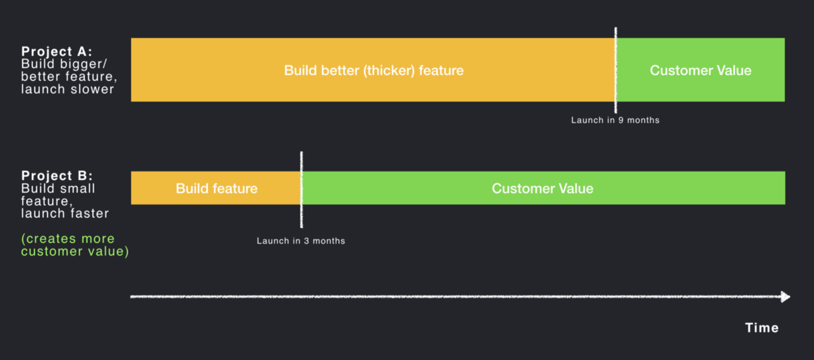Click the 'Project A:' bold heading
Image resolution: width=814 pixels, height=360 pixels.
pyautogui.click(x=56, y=52)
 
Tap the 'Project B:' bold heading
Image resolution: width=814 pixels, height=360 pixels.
pyautogui.click(x=57, y=176)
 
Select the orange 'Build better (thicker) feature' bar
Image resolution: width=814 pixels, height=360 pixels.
pyautogui.click(x=373, y=70)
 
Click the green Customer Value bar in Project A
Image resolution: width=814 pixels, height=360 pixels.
pyautogui.click(x=700, y=70)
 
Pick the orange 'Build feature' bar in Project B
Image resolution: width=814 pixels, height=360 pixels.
pyautogui.click(x=216, y=188)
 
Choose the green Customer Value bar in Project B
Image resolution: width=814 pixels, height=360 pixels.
pyautogui.click(x=544, y=188)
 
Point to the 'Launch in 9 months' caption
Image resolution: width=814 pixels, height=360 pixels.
pyautogui.click(x=615, y=120)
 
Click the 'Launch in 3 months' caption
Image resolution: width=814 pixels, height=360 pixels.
pyautogui.click(x=301, y=241)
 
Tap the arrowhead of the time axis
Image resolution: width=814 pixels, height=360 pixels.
pyautogui.click(x=785, y=297)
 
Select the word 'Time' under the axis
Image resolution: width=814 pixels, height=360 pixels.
pyautogui.click(x=762, y=328)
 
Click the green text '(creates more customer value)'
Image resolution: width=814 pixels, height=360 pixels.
pyautogui.click(x=75, y=245)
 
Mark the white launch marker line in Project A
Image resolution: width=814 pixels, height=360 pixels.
pyautogui.click(x=615, y=70)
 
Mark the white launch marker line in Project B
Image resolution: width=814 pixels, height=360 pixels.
pyautogui.click(x=302, y=189)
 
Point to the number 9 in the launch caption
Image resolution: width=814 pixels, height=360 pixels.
pyautogui.click(x=621, y=120)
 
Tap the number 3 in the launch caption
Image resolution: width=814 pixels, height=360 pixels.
pyautogui.click(x=306, y=241)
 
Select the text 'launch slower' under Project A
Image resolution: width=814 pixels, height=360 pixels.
pyautogui.click(x=68, y=90)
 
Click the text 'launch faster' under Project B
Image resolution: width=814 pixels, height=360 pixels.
pyautogui.click(x=65, y=214)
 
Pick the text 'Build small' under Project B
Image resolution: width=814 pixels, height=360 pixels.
pyautogui.click(x=58, y=189)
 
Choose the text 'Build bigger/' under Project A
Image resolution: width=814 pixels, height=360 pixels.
pyautogui.click(x=64, y=64)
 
